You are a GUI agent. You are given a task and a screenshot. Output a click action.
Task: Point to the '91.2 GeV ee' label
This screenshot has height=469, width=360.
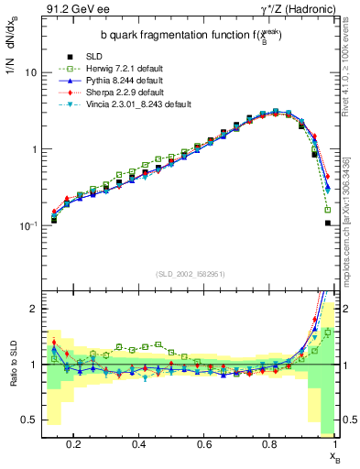[70, 11]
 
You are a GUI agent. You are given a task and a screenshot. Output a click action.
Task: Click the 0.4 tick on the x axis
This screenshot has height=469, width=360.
[139, 443]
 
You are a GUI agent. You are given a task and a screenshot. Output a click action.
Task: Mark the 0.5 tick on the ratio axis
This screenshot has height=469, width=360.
[30, 420]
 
